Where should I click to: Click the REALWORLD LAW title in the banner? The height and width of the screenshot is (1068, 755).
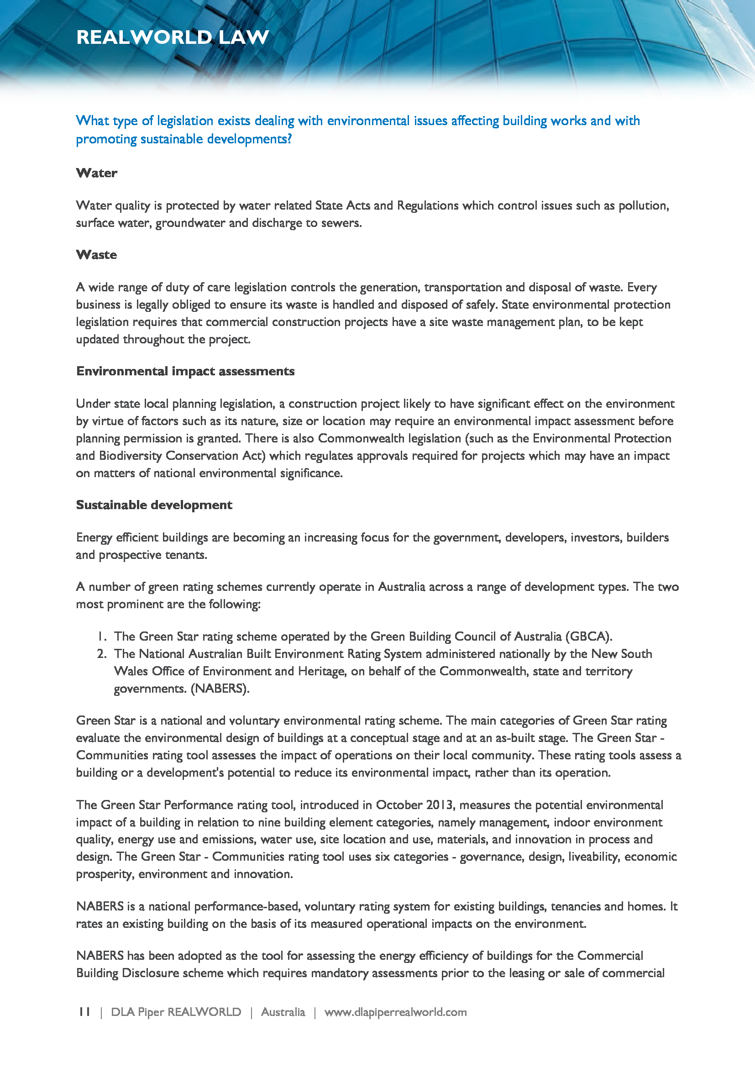(x=173, y=37)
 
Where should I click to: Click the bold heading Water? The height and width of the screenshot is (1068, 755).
(x=97, y=173)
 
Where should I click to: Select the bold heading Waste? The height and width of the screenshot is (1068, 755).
(x=97, y=255)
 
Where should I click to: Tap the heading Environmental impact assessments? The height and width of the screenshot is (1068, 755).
(x=185, y=371)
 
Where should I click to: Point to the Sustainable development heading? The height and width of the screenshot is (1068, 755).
(x=154, y=505)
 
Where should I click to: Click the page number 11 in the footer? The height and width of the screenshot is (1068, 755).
(x=84, y=1012)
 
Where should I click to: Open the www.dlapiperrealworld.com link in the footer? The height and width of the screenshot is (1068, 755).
(x=395, y=1012)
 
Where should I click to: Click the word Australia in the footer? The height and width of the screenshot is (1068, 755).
(x=283, y=1012)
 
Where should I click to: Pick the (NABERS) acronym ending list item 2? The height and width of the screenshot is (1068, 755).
(x=220, y=689)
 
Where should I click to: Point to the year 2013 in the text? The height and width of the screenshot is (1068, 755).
(x=439, y=805)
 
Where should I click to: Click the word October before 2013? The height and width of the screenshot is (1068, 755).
(x=400, y=805)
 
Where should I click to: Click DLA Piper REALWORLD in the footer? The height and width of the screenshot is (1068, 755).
(x=176, y=1012)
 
